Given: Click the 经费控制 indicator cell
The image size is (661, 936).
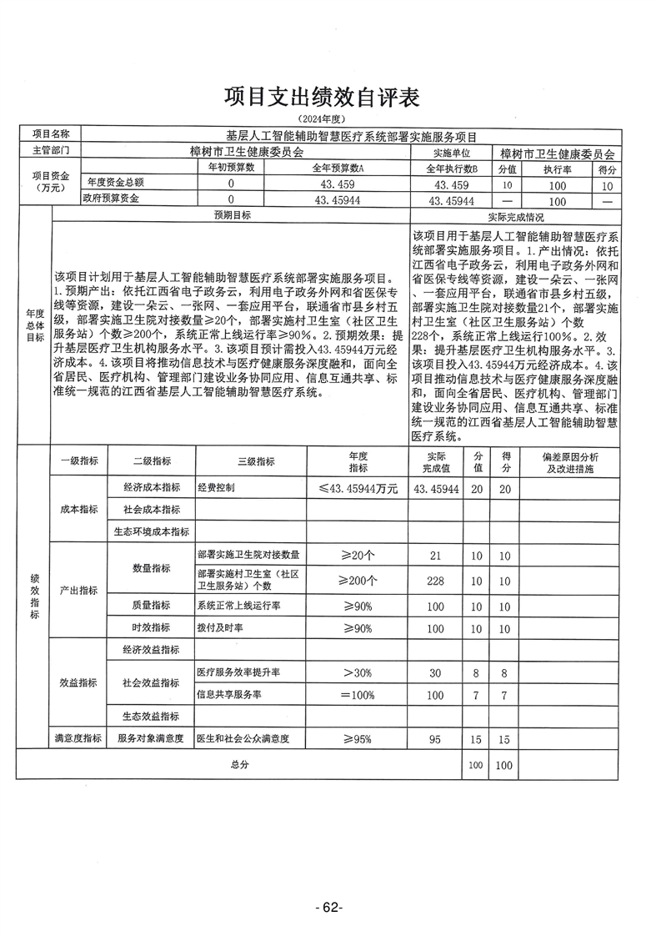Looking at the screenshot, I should coord(216,488).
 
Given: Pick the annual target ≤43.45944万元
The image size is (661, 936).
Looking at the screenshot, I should coord(358,488).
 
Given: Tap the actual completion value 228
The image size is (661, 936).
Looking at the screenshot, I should coord(436,581).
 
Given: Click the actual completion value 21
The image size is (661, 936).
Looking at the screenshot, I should coord(436,555).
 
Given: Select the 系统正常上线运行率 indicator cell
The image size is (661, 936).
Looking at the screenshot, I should coord(238,606).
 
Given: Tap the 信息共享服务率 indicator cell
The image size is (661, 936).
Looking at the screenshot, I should coord(229,694).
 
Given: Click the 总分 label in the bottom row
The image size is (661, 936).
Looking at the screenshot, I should coord(241,764).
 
